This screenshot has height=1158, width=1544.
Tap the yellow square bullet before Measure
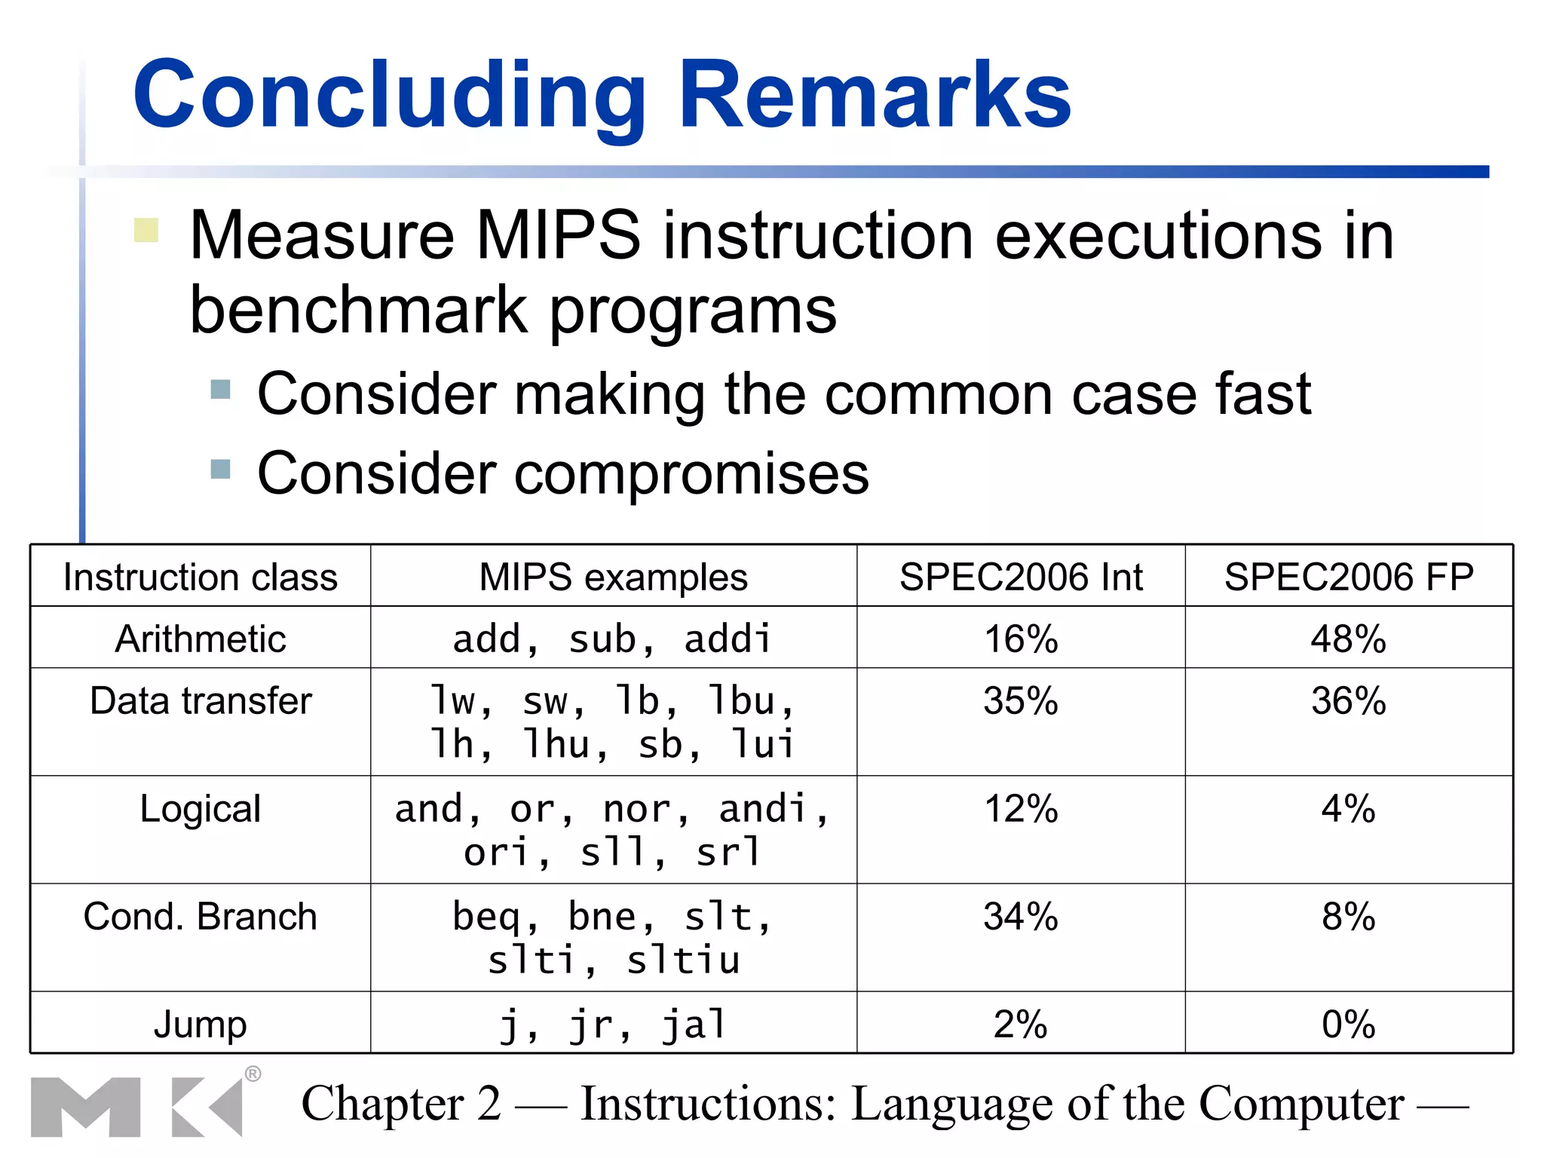[146, 230]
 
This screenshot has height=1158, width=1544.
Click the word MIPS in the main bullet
[558, 236]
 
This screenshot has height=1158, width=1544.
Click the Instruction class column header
[201, 577]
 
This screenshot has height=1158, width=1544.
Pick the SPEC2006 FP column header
[1349, 577]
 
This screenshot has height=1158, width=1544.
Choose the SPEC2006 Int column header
[1021, 577]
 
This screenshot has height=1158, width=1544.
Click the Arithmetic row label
[201, 639]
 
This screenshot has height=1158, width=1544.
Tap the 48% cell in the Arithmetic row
[1349, 639]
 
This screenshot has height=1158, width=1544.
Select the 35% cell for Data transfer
[1021, 701]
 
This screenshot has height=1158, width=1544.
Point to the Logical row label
[201, 809]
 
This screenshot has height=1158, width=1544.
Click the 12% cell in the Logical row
[1021, 809]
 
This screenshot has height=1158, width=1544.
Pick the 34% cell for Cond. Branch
[1021, 917]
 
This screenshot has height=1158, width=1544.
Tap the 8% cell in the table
[1349, 917]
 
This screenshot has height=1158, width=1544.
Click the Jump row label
[201, 1025]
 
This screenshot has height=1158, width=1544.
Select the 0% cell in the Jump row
[1349, 1025]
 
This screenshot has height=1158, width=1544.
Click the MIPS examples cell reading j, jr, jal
[613, 1025]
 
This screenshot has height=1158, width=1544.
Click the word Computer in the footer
[1301, 1104]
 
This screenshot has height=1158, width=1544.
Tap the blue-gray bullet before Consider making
[220, 390]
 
